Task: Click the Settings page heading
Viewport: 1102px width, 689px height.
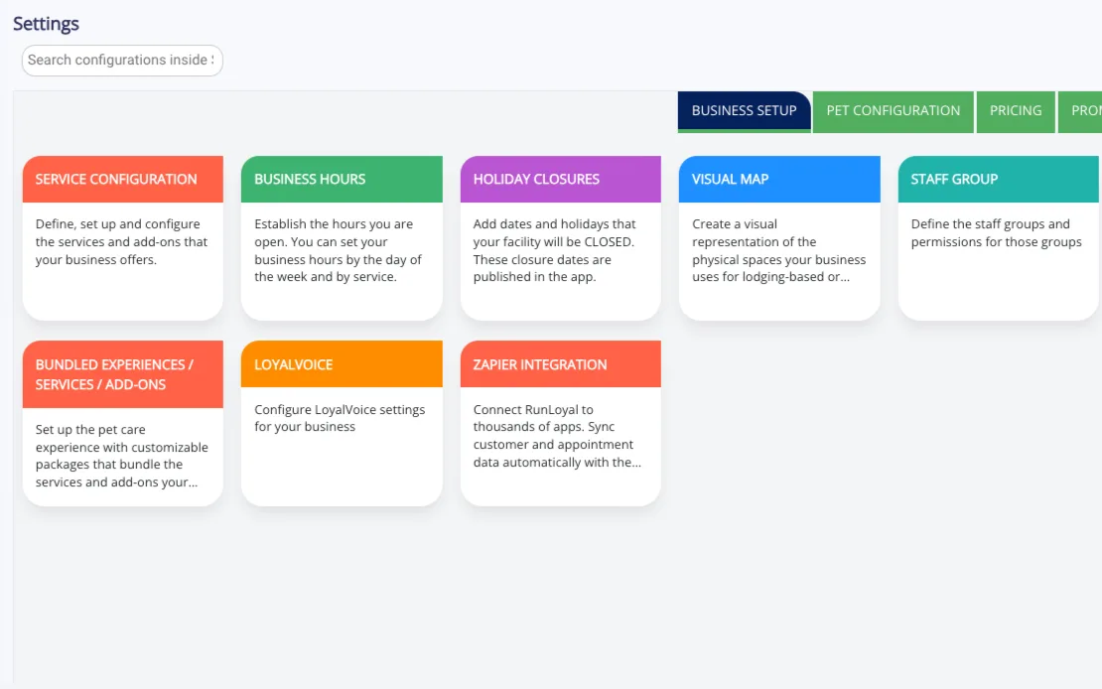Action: click(x=46, y=24)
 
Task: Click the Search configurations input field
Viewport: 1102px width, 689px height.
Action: click(x=122, y=61)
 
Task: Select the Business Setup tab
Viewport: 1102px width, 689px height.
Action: click(x=745, y=111)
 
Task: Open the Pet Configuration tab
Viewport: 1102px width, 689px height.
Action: click(x=894, y=111)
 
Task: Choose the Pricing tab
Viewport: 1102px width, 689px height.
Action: click(x=1016, y=111)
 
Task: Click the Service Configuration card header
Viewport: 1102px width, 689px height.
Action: click(x=123, y=180)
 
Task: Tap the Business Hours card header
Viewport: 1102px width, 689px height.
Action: click(x=342, y=180)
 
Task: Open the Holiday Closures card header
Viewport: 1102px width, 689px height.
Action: click(x=561, y=180)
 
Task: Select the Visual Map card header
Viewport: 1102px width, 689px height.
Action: click(x=779, y=180)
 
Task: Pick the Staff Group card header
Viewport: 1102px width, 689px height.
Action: click(x=998, y=180)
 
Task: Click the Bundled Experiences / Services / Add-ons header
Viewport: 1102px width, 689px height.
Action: click(x=123, y=374)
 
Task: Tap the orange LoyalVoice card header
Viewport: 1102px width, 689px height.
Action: click(x=342, y=364)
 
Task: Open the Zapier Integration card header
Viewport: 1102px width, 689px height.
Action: click(x=561, y=364)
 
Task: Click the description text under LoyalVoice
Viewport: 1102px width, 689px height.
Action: click(x=340, y=418)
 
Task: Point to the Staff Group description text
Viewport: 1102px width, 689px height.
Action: click(x=997, y=232)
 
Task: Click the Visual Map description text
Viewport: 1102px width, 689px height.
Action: click(x=778, y=250)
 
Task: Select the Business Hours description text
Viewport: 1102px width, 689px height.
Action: click(x=339, y=250)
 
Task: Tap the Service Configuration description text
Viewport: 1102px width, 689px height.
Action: click(x=121, y=242)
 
